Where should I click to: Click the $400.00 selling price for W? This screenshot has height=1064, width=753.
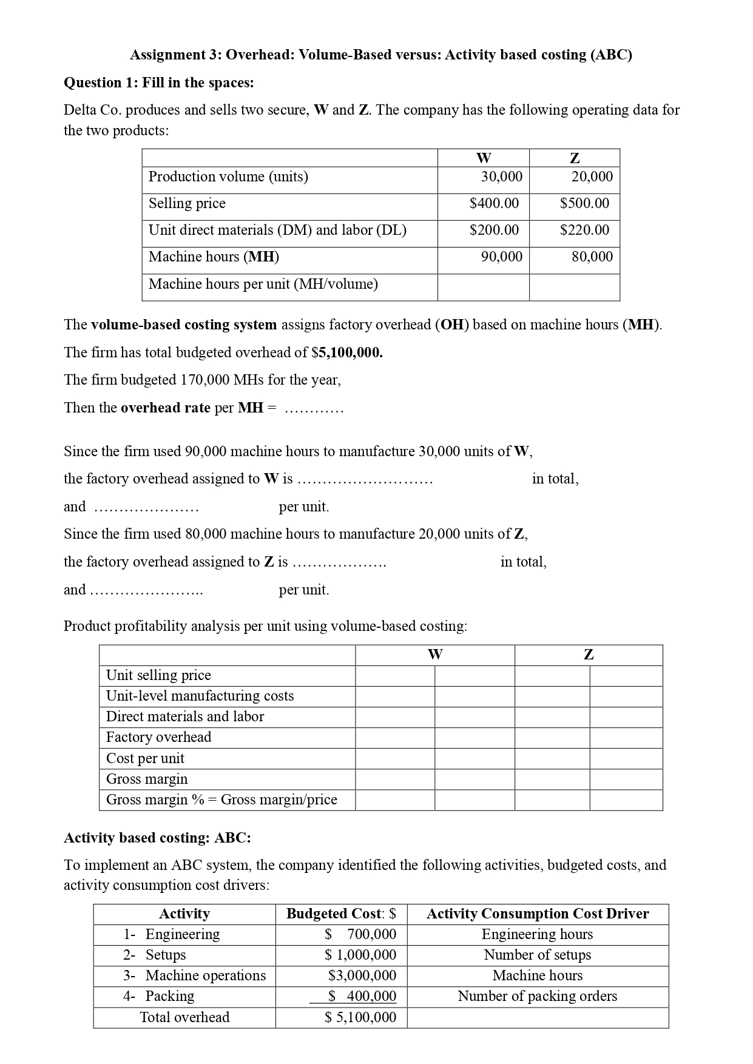[x=494, y=203]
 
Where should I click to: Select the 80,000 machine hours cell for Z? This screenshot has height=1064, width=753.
[x=592, y=257]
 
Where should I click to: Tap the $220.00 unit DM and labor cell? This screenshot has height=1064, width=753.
[x=584, y=230]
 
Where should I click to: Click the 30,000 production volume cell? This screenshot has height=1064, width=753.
[x=501, y=177]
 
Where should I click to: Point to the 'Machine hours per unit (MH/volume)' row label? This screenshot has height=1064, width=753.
[x=263, y=284]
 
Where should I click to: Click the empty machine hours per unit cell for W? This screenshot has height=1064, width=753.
[x=483, y=287]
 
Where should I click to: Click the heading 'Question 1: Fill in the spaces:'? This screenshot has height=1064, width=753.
[x=159, y=82]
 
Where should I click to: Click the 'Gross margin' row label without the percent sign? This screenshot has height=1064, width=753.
[x=147, y=779]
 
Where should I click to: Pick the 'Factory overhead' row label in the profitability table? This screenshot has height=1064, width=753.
[x=158, y=737]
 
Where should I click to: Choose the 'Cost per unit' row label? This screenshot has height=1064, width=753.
[x=145, y=758]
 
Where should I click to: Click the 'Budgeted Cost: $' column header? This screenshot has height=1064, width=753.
[x=341, y=914]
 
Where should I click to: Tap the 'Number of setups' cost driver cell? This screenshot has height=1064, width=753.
[x=537, y=955]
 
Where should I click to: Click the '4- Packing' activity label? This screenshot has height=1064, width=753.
[x=159, y=996]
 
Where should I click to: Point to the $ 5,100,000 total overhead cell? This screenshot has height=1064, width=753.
[x=360, y=1017]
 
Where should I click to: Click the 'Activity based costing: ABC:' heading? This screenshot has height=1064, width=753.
[x=157, y=838]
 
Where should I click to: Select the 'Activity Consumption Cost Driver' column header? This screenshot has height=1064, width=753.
[x=537, y=914]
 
